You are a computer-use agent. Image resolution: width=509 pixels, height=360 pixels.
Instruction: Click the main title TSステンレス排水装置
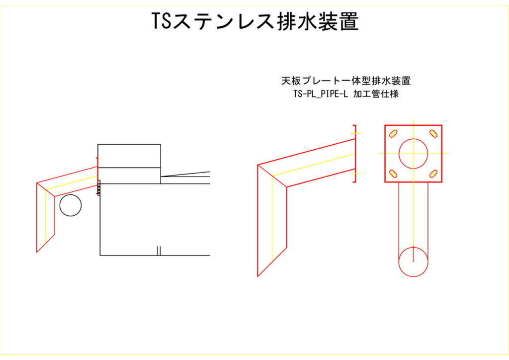click(255, 22)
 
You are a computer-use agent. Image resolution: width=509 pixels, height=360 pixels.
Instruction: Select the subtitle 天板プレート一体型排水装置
click(346, 81)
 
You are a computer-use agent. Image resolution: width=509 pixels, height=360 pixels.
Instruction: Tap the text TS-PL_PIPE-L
click(321, 94)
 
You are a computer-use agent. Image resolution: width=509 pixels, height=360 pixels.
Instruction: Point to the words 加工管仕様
click(376, 94)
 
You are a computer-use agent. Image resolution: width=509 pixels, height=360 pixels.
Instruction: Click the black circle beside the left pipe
click(71, 205)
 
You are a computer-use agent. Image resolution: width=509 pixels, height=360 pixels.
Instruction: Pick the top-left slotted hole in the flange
click(394, 133)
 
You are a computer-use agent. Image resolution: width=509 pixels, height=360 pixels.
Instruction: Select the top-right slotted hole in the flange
click(433, 133)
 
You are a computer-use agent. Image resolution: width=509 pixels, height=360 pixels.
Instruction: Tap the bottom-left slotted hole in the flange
click(394, 174)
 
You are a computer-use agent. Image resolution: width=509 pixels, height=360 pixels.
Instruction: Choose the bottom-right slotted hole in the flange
click(433, 174)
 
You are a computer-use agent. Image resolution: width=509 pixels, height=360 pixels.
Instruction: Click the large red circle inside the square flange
click(413, 154)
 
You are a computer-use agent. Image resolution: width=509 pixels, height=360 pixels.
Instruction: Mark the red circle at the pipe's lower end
click(413, 262)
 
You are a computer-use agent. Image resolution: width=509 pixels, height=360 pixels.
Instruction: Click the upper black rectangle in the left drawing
click(129, 156)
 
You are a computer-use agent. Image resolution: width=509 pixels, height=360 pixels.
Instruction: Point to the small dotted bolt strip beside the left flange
click(99, 188)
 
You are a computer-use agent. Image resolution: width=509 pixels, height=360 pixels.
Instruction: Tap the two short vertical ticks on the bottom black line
click(159, 251)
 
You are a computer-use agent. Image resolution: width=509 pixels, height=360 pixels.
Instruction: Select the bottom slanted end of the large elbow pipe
click(272, 262)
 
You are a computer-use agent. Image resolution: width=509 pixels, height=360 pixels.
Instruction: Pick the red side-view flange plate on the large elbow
click(354, 154)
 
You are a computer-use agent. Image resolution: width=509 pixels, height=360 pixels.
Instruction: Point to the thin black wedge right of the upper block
click(185, 175)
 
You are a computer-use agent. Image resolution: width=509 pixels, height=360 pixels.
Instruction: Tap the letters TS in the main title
click(162, 22)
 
